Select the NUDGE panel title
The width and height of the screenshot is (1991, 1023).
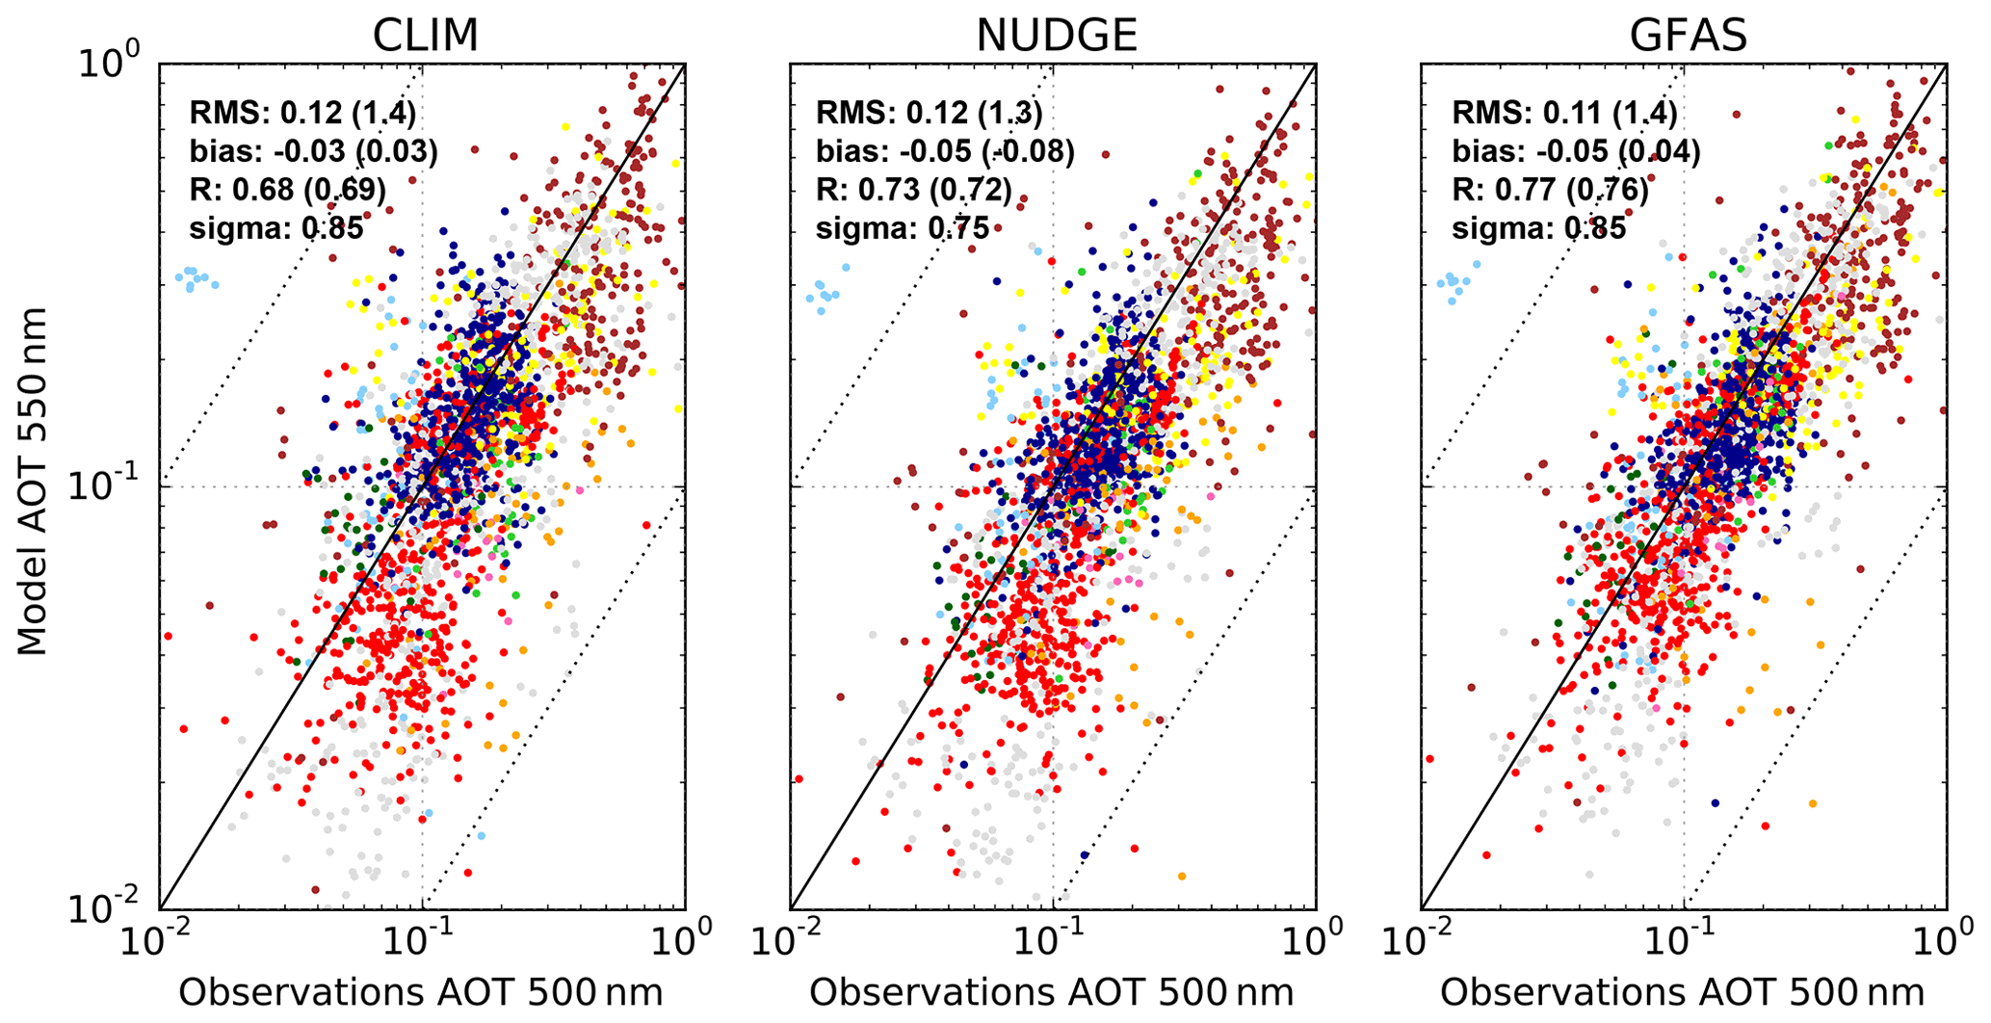[x=1056, y=36]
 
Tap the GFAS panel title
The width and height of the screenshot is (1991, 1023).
[x=1687, y=36]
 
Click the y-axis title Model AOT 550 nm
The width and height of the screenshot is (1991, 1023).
[x=33, y=482]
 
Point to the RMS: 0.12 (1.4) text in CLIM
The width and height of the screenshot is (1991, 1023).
[x=302, y=113]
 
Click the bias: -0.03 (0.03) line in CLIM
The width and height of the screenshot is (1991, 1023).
[x=313, y=151]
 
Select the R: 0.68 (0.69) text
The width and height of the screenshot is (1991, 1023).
[x=287, y=190]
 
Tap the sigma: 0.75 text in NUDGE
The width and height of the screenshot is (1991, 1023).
[x=903, y=228]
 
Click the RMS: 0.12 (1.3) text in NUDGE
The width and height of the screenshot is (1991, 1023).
[x=929, y=113]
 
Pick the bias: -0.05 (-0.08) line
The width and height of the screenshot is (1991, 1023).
[x=945, y=151]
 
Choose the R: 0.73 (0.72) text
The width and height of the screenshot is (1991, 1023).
[x=914, y=190]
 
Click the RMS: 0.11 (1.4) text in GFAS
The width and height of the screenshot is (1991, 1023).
[x=1564, y=113]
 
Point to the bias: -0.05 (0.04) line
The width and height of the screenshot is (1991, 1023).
[x=1576, y=151]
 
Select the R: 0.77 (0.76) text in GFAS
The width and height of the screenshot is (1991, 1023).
[x=1550, y=190]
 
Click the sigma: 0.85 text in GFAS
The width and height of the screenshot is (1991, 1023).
[x=1538, y=228]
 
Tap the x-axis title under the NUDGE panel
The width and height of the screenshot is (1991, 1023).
[x=1051, y=992]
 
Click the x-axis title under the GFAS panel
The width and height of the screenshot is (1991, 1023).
[x=1682, y=992]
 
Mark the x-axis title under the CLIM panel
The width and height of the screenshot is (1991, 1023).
[x=420, y=992]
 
